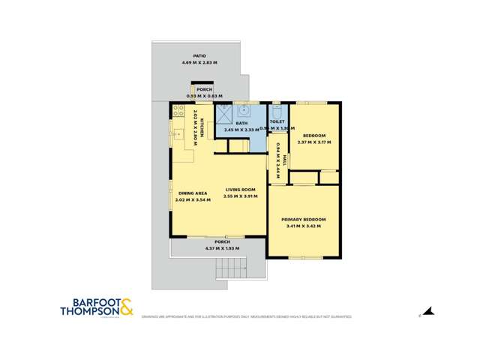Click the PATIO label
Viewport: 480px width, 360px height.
[199, 55]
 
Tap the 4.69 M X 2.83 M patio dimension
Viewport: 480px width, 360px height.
[199, 62]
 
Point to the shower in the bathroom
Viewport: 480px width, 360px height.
[223, 112]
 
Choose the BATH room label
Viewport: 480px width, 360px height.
[241, 123]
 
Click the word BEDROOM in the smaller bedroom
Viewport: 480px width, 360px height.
[313, 136]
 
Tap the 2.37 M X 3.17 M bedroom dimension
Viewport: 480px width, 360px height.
[313, 142]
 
